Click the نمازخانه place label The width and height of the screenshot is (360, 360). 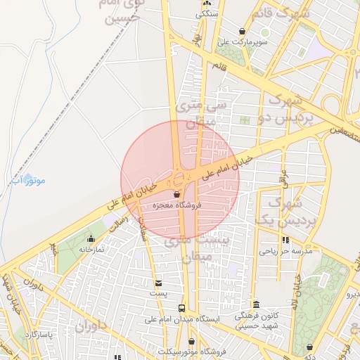click(91, 249)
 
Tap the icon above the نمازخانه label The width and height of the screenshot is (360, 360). click(91, 239)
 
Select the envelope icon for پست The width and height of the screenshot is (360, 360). click(160, 283)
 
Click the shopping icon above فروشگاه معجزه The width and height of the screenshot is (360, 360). click(176, 194)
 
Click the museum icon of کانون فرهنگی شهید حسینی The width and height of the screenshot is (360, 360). click(256, 304)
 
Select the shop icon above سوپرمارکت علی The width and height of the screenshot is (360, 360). click(243, 31)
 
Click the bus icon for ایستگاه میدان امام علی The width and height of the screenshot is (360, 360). click(182, 308)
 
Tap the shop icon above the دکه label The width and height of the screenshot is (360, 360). click(311, 347)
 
